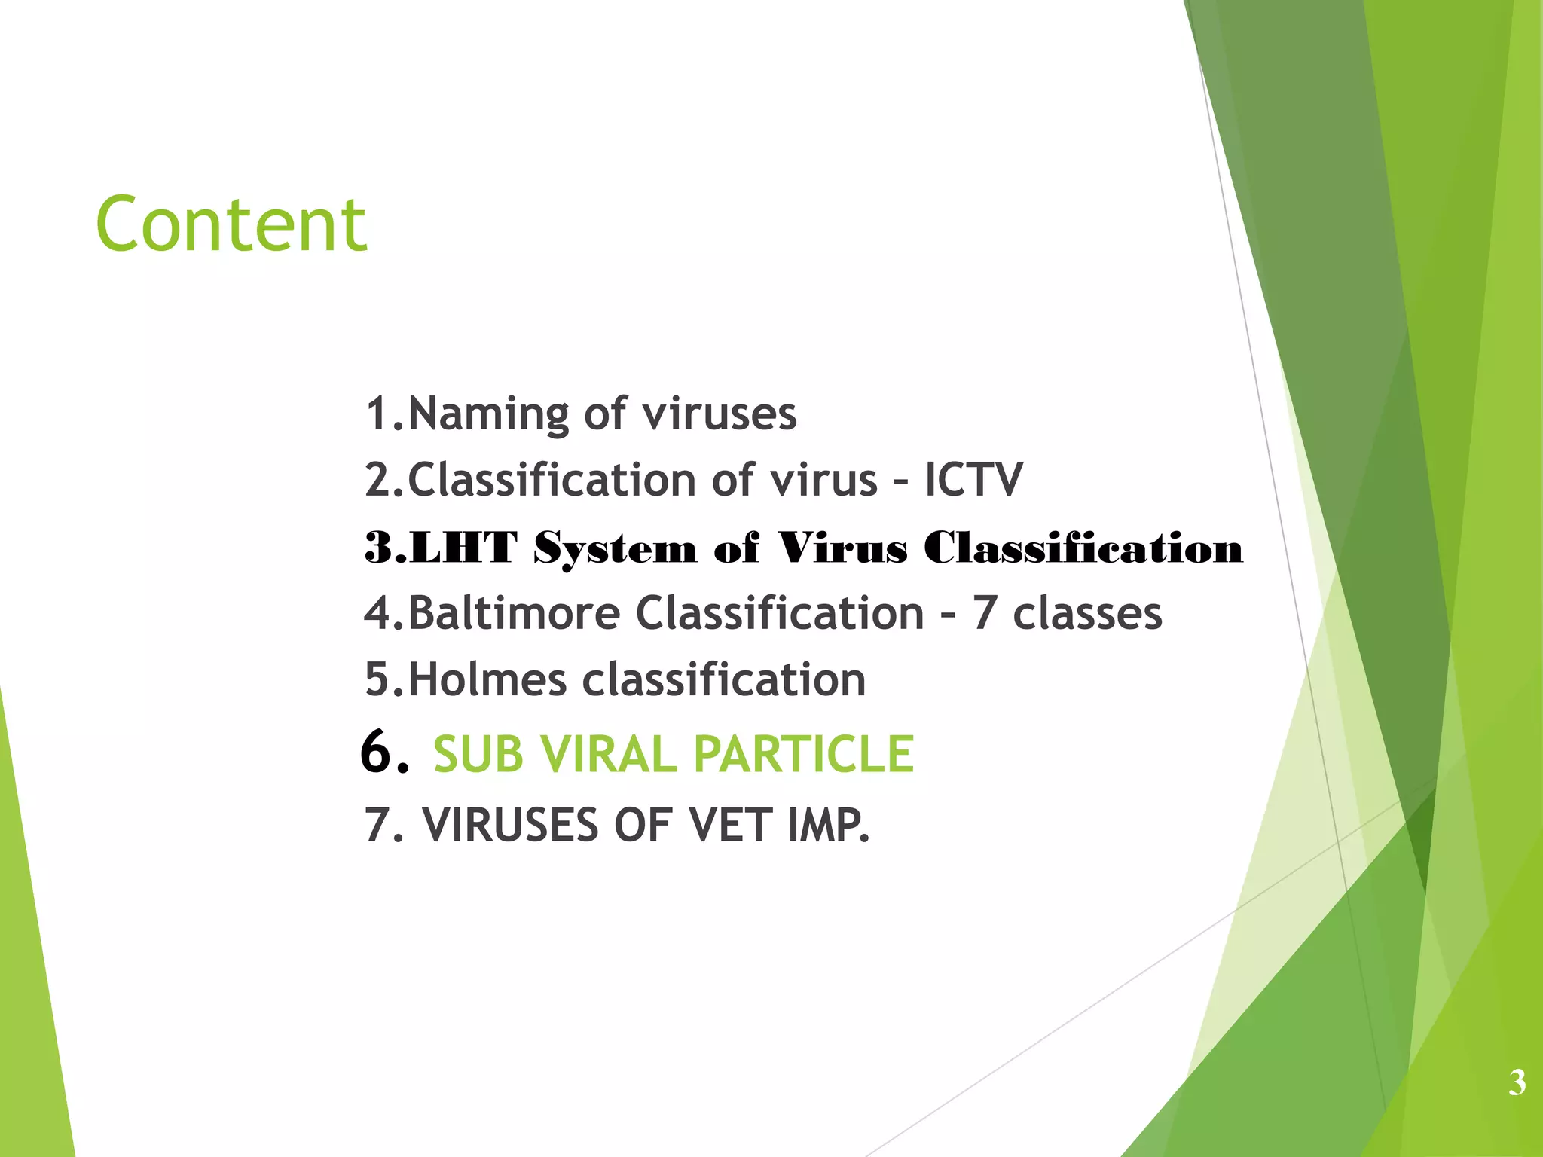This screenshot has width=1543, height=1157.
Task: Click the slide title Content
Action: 231,224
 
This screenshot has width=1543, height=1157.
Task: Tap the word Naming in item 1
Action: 487,414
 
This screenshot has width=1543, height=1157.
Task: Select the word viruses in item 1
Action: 720,414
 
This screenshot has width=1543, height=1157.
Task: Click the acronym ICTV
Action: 973,480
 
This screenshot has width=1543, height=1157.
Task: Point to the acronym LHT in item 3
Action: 464,548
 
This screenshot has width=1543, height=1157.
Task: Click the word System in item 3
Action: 615,548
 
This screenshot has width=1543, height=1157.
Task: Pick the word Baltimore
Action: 514,612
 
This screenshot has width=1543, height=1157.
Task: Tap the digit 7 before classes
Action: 984,612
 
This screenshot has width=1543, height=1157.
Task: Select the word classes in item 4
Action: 1087,612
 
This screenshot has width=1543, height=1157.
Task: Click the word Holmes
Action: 487,679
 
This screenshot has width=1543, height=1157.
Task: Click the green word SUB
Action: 478,754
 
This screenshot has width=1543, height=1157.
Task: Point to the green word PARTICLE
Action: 804,754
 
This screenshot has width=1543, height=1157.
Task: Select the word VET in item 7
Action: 730,825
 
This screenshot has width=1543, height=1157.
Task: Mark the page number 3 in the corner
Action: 1517,1082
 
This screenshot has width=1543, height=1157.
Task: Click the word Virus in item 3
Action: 842,548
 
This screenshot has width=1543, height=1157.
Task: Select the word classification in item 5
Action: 724,679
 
